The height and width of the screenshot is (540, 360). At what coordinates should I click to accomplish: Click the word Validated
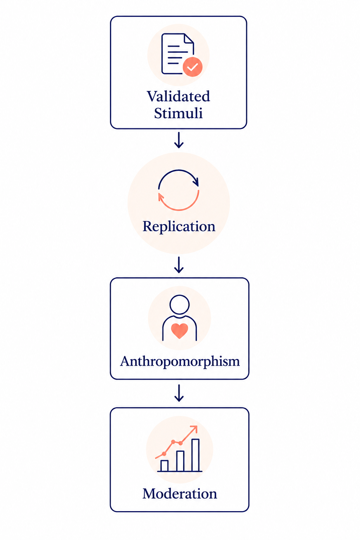point(179,96)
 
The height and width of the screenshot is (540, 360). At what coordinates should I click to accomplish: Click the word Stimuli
point(179,113)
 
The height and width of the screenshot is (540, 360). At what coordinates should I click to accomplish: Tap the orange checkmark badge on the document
point(192,67)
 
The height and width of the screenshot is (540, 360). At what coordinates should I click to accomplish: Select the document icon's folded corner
point(189,39)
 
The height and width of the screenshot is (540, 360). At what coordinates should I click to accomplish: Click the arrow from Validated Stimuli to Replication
point(179,140)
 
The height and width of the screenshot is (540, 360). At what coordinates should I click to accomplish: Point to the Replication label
point(179,226)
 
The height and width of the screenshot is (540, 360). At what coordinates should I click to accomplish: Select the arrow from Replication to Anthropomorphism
point(179,265)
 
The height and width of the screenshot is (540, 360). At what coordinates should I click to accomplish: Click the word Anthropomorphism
point(180,361)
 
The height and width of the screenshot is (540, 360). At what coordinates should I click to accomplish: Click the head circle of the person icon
point(179,304)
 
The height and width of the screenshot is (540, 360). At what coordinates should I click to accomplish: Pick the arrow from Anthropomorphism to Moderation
point(179,393)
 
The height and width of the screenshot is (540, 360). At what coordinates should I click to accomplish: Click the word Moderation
point(180,494)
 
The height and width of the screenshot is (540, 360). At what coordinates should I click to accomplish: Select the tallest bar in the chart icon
point(195,455)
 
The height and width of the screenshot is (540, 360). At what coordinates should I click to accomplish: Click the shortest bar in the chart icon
point(165,466)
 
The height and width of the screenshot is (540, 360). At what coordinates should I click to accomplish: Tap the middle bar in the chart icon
point(180,461)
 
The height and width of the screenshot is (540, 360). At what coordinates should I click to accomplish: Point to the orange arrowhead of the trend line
point(194,429)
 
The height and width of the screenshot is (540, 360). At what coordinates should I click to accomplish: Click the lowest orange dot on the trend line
point(164,454)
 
